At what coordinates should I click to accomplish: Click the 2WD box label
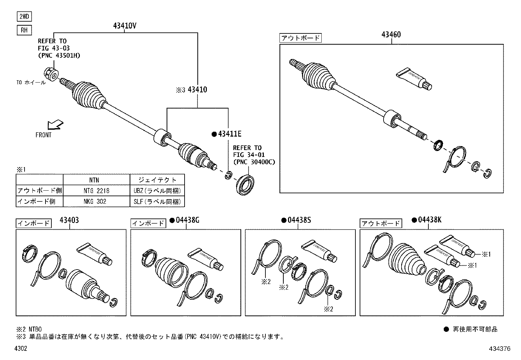(24, 17)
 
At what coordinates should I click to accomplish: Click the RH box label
(24, 30)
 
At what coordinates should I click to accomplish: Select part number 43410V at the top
(125, 26)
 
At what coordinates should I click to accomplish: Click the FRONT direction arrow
(55, 125)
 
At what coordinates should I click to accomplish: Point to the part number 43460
(391, 35)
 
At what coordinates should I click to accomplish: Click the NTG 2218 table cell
(96, 191)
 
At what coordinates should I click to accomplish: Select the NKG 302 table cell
(96, 201)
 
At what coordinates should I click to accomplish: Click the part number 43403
(69, 220)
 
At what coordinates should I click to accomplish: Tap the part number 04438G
(187, 220)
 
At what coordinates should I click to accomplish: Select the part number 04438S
(299, 220)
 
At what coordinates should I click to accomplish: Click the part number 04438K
(429, 220)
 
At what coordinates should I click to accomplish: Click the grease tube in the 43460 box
(414, 79)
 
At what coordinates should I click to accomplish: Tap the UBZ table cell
(157, 191)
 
